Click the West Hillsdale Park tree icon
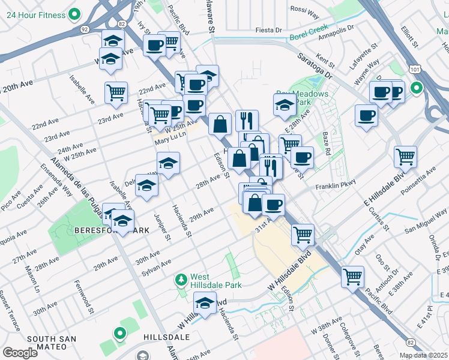[x=181, y=280]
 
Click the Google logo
[x=20, y=353]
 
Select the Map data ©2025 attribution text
[x=423, y=355]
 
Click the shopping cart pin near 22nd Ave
[x=116, y=92]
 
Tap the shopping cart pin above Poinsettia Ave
[x=405, y=157]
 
